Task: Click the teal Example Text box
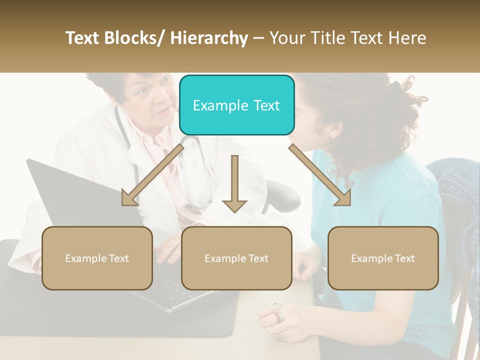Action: [236, 105]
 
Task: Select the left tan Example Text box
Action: [97, 258]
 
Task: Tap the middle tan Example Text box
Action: [236, 258]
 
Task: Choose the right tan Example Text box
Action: [383, 258]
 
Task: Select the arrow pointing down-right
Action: [320, 175]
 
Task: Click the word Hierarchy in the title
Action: [209, 38]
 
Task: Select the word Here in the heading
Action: [406, 38]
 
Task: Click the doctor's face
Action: [150, 100]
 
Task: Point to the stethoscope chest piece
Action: [188, 205]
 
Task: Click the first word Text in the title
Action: [84, 38]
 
